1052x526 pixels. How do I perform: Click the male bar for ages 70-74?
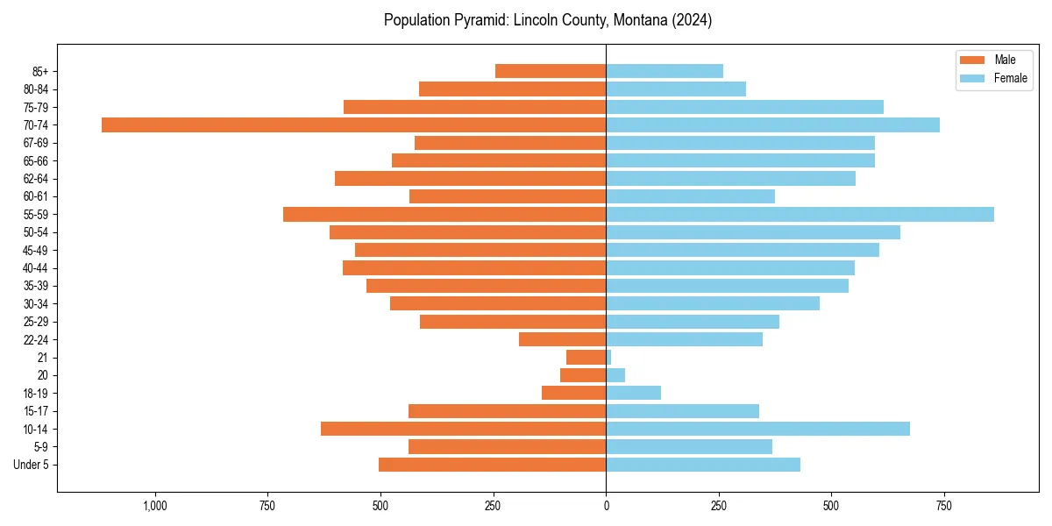(353, 125)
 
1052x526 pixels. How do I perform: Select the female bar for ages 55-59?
(800, 215)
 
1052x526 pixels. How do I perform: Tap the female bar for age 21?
(608, 358)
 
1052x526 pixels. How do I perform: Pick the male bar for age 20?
(583, 375)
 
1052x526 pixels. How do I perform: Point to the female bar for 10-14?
(757, 429)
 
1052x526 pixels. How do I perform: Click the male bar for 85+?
(551, 71)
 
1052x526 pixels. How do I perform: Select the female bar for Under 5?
(703, 465)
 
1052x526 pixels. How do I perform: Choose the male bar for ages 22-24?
(562, 339)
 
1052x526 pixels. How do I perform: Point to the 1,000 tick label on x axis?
(155, 506)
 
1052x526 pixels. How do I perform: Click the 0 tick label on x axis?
(606, 506)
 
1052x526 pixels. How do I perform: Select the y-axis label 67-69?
(35, 143)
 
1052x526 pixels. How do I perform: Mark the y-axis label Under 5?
(32, 465)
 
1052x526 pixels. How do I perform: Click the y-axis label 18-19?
(35, 394)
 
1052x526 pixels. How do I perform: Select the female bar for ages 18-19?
(633, 393)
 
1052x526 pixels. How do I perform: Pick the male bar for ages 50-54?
(467, 232)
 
